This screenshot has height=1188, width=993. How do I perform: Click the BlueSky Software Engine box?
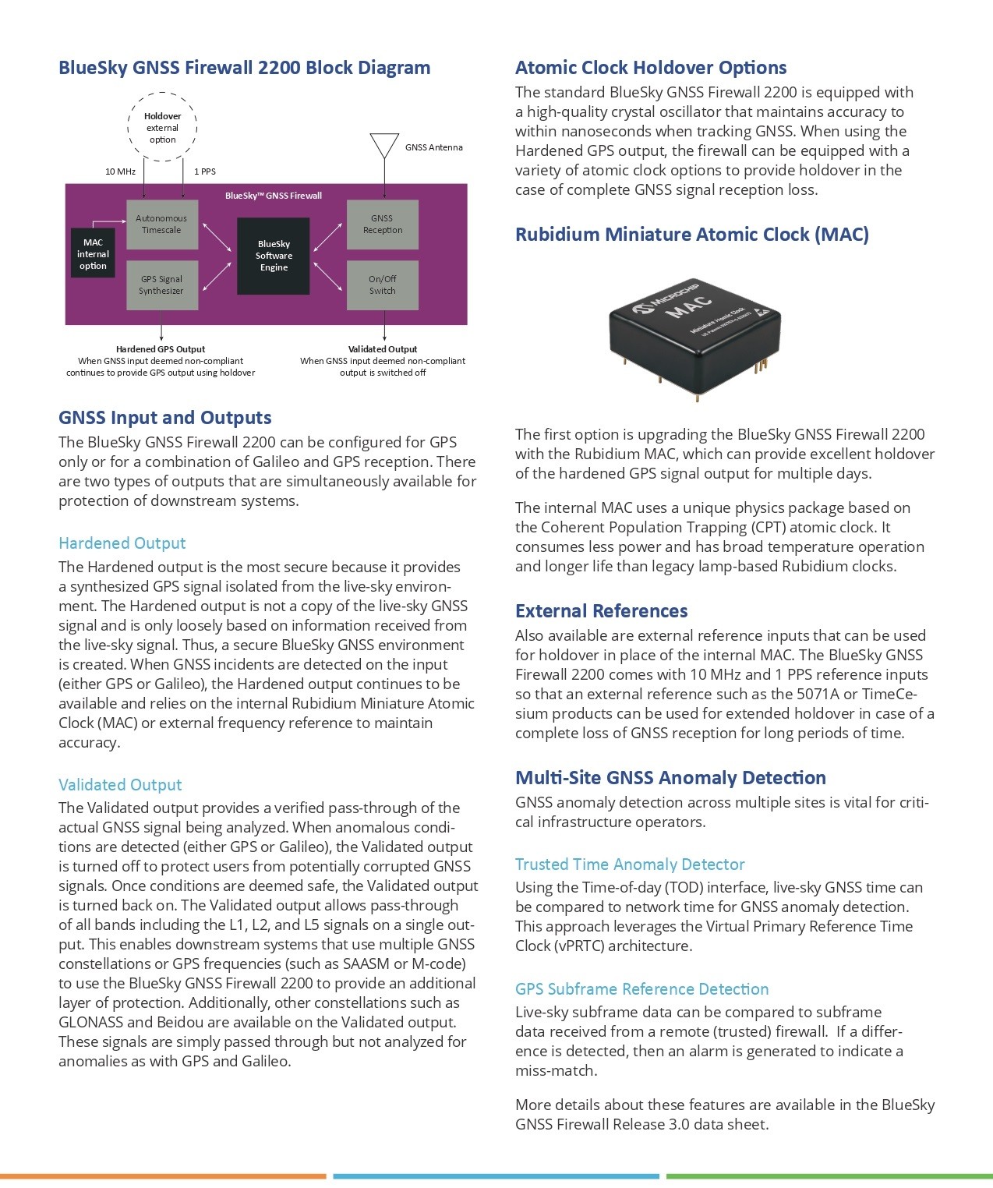point(274,256)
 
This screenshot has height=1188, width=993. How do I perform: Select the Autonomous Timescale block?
point(162,225)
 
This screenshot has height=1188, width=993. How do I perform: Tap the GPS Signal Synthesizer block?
point(162,285)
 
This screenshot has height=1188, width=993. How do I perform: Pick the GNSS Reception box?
point(382,225)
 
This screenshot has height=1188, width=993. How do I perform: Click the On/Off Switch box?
point(382,285)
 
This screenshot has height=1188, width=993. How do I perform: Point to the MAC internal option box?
point(93,254)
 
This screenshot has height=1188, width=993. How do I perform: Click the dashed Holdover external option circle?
point(163,127)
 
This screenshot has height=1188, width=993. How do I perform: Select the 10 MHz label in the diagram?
point(120,171)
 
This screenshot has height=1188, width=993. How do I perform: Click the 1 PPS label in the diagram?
point(205,171)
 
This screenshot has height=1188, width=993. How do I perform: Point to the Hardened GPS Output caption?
point(161,349)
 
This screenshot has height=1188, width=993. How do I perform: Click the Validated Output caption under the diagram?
point(383,349)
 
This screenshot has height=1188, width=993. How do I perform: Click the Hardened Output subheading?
point(122,543)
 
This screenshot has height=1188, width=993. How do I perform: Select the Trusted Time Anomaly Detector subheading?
point(630,864)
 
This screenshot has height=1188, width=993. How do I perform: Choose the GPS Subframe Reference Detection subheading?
point(641,989)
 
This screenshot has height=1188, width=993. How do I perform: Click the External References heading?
point(601,611)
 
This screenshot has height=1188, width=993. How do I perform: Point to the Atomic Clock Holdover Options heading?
point(651,68)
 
